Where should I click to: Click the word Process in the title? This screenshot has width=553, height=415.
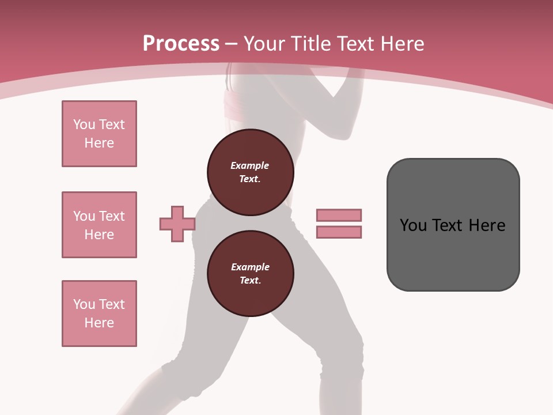[x=181, y=43]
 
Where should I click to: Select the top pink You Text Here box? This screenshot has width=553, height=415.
[x=99, y=134]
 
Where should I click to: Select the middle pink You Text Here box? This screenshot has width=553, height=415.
[x=99, y=225]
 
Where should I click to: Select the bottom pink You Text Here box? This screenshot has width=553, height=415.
[x=99, y=314]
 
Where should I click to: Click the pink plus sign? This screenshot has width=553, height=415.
[x=177, y=224]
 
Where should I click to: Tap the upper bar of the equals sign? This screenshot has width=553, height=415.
[x=339, y=215]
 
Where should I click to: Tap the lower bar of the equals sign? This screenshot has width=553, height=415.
[x=339, y=232]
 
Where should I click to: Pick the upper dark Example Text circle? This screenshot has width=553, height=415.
[x=250, y=172]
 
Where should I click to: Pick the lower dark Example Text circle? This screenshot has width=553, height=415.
[x=250, y=274]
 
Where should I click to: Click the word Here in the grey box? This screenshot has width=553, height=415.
[x=487, y=225]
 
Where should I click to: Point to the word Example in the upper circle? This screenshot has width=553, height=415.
[x=249, y=165]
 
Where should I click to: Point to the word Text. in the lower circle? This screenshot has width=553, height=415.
[x=250, y=280]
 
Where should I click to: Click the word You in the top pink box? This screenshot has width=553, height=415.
[x=84, y=124]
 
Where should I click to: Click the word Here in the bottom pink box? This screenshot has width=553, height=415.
[x=99, y=323]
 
